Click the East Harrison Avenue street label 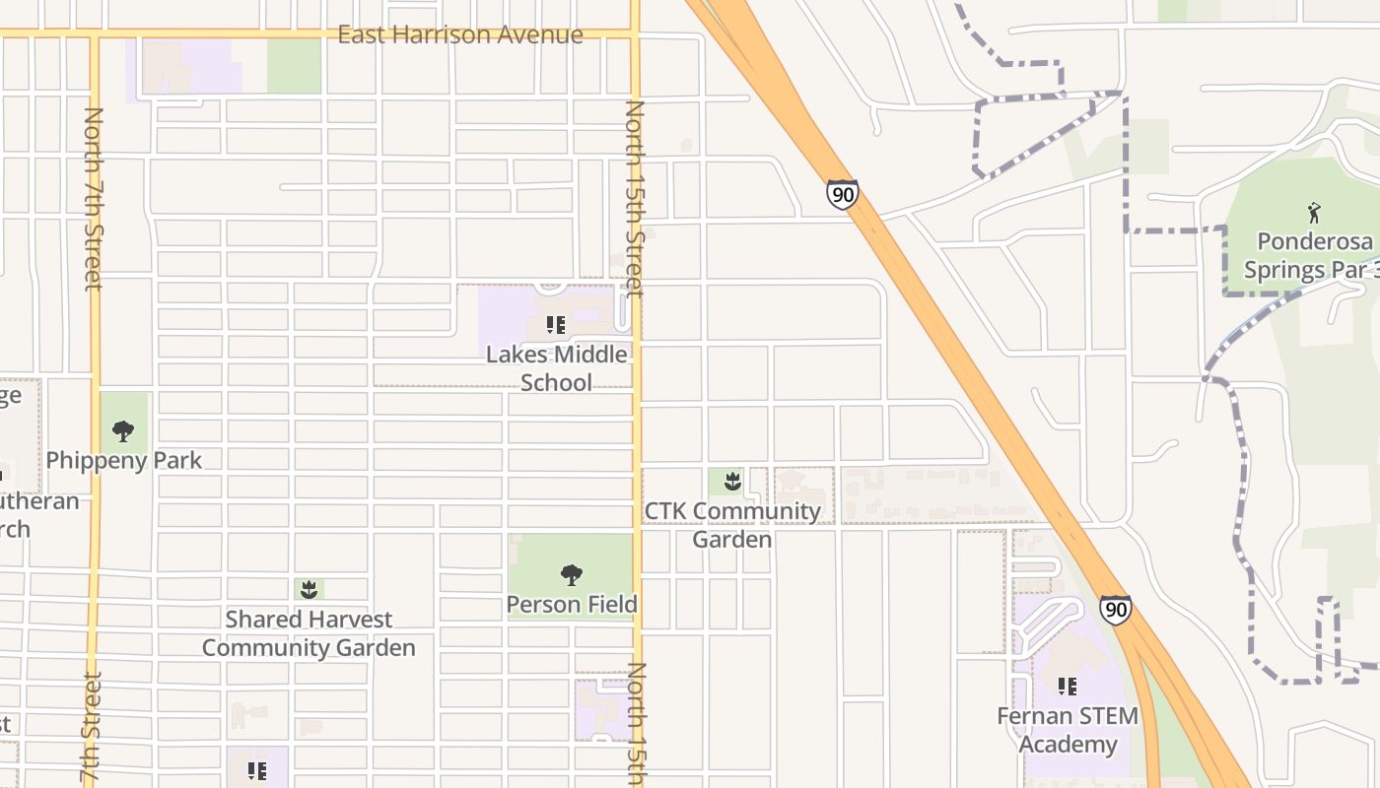click(x=459, y=35)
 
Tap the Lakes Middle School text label click(x=556, y=368)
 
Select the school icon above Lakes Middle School click(x=556, y=324)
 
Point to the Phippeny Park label click(x=124, y=460)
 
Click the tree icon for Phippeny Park click(x=123, y=430)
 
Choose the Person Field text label click(x=572, y=604)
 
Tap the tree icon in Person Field click(x=572, y=575)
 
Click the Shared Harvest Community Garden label click(x=309, y=633)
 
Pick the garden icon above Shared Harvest click(x=309, y=589)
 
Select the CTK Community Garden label click(x=731, y=525)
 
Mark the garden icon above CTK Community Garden click(x=731, y=481)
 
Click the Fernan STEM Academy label click(x=1068, y=730)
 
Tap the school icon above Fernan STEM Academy click(x=1067, y=686)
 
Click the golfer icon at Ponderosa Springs click(x=1314, y=212)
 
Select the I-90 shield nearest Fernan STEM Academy click(x=1115, y=610)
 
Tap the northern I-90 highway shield click(x=842, y=194)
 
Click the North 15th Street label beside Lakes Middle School click(x=634, y=198)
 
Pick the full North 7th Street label click(x=94, y=199)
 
